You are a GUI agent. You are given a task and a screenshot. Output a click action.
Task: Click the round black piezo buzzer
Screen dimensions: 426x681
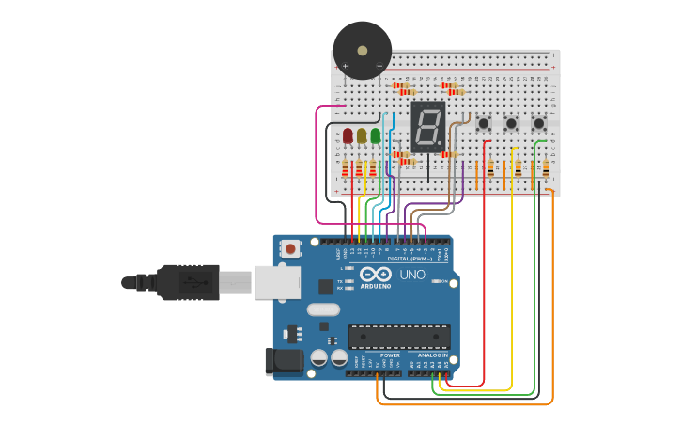point(362,50)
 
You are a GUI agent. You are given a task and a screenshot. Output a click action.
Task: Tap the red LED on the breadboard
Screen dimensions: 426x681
point(348,135)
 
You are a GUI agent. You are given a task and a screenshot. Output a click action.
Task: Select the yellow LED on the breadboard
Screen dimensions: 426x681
point(362,135)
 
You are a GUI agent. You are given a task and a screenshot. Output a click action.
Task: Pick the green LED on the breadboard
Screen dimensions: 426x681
point(376,135)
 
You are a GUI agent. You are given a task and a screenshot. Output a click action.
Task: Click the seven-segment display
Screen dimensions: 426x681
point(427,126)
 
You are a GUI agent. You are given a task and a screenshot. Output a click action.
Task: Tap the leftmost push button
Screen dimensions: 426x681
point(484,123)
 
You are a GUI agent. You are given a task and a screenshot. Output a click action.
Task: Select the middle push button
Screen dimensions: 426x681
point(511,123)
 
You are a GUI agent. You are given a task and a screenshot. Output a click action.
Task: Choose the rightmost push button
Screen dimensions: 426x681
point(539,123)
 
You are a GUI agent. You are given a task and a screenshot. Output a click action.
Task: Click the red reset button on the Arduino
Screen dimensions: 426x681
point(291,248)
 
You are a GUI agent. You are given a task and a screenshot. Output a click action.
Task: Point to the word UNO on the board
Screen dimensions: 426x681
point(413,275)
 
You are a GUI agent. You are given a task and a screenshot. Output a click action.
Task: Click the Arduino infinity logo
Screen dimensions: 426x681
point(374,274)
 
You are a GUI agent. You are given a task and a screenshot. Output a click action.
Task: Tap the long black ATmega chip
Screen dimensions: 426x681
point(399,336)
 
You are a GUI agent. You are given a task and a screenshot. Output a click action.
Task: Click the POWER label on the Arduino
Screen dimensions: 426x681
point(390,355)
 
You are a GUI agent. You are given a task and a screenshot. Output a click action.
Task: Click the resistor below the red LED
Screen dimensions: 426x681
point(345,168)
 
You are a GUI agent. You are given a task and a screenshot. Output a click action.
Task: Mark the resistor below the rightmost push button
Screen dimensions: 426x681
point(546,168)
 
